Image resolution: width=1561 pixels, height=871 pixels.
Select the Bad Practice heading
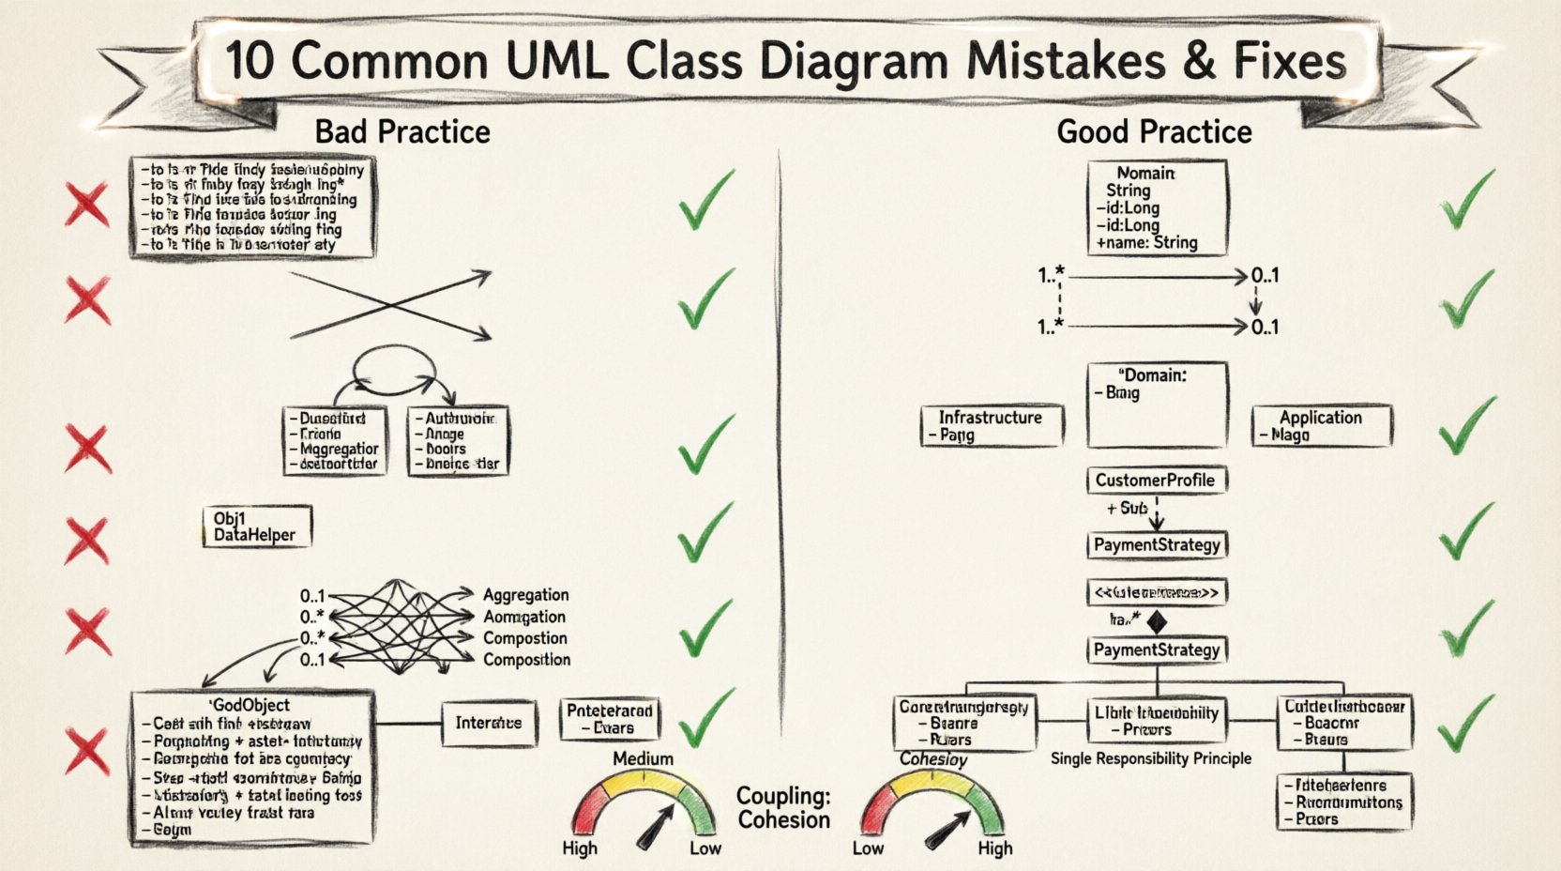[402, 131]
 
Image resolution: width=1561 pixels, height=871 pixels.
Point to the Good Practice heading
[1154, 131]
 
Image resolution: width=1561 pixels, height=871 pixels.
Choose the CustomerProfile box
[1156, 481]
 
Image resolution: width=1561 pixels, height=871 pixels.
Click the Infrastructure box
[991, 425]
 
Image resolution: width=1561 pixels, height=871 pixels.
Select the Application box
[1321, 425]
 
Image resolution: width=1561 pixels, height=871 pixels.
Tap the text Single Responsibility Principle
[1151, 758]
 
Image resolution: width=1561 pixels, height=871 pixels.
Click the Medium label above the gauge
[643, 758]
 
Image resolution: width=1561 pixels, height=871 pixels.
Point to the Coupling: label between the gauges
[782, 796]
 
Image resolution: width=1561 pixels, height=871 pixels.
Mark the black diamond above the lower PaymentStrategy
[1157, 620]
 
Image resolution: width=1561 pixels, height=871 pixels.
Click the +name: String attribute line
[1146, 242]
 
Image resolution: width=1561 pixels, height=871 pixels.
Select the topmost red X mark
[86, 205]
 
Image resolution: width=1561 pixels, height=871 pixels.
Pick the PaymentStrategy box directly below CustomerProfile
[1157, 545]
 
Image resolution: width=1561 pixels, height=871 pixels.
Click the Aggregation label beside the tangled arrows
[525, 595]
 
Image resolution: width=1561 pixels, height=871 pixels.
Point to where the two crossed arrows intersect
[390, 304]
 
